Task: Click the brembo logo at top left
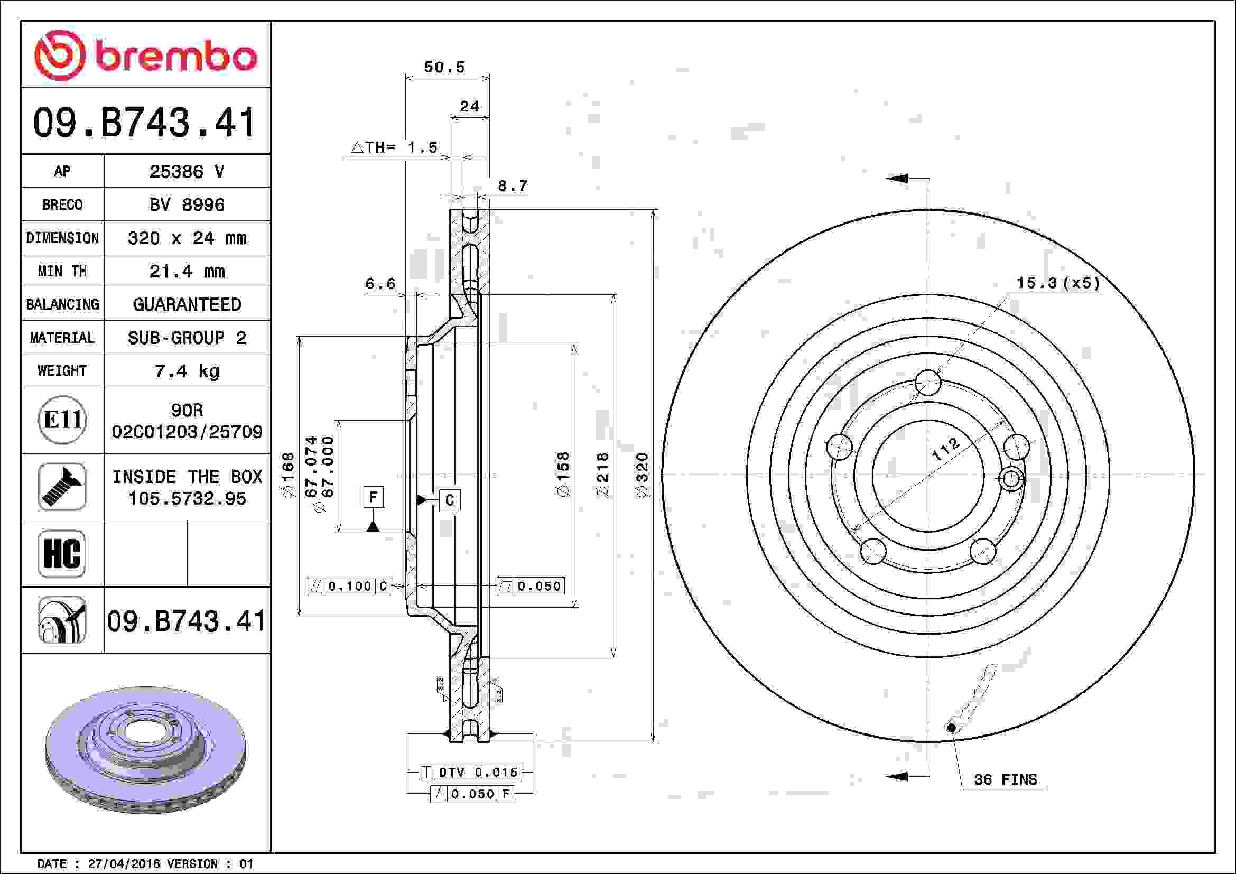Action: (145, 55)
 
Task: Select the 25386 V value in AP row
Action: (186, 172)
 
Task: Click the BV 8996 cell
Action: (186, 205)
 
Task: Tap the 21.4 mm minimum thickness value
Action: (186, 271)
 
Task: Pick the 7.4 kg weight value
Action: (186, 371)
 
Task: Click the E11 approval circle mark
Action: (62, 420)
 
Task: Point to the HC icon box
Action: (62, 553)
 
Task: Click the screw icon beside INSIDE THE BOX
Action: (62, 487)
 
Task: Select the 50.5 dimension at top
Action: (444, 67)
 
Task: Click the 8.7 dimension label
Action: (513, 186)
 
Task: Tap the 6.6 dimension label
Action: (380, 284)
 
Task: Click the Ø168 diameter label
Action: (288, 475)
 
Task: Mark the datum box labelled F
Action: (373, 497)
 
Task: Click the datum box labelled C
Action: (450, 500)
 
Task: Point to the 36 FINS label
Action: (1005, 779)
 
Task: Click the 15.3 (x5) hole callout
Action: (1058, 283)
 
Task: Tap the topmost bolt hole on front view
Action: (928, 383)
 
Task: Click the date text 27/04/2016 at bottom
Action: (124, 864)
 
